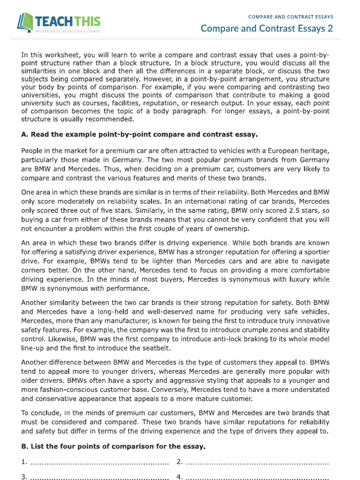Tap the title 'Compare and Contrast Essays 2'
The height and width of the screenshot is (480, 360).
pyautogui.click(x=267, y=29)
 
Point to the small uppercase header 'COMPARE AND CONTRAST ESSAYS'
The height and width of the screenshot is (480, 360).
pyautogui.click(x=291, y=16)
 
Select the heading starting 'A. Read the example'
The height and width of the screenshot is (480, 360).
pyautogui.click(x=140, y=135)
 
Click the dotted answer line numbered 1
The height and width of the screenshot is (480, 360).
pyautogui.click(x=98, y=462)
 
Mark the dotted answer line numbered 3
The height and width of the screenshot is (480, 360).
pyautogui.click(x=98, y=477)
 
